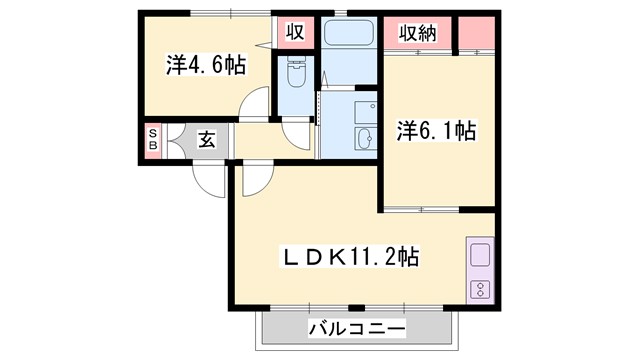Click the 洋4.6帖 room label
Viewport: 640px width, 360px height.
[205, 66]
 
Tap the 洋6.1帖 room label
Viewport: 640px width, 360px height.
[436, 130]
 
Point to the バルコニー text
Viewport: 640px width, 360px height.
[356, 328]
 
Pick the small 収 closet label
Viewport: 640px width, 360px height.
[296, 31]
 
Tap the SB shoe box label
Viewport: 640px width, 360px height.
[153, 139]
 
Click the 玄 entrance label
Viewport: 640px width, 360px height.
[205, 139]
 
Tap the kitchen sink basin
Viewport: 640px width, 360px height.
[478, 254]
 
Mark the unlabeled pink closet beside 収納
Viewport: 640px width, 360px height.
[476, 35]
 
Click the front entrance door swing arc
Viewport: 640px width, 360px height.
[209, 180]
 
